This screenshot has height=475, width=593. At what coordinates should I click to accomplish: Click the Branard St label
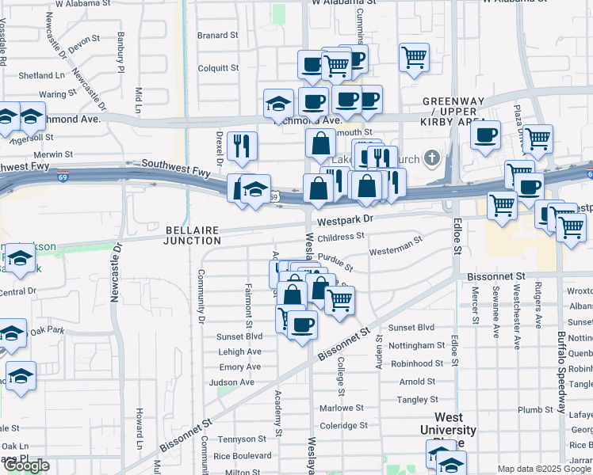tap(218, 36)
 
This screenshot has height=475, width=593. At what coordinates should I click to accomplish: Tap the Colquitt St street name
tap(218, 68)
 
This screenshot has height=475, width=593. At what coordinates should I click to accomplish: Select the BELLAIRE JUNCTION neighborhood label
tap(193, 235)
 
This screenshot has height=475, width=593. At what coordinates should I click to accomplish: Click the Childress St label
tap(340, 236)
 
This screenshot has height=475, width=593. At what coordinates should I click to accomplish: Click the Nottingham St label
tap(418, 346)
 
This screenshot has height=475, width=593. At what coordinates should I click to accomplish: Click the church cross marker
tap(432, 159)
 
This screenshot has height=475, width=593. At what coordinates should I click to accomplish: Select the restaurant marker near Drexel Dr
tap(242, 145)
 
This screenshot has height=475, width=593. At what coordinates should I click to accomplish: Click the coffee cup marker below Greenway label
tap(485, 133)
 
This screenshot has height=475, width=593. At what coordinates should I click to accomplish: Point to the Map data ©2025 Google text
tap(542, 469)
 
